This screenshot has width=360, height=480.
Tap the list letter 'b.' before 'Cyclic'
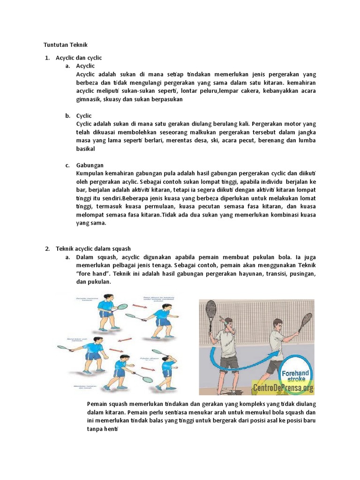point(68,116)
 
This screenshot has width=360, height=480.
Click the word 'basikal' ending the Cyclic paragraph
point(85,149)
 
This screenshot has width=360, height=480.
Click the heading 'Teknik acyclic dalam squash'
point(93,248)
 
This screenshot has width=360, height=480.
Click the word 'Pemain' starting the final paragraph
point(97,404)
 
